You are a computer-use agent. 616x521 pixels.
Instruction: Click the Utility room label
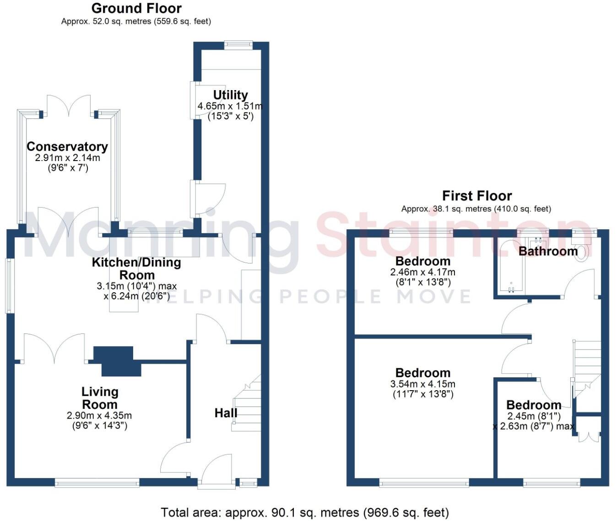pos(230,95)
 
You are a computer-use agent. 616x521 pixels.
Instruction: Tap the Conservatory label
pos(67,147)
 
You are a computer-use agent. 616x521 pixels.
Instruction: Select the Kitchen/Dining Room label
pos(136,269)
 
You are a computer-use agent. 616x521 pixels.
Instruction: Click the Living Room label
pos(100,398)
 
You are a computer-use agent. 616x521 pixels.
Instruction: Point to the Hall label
pos(226,413)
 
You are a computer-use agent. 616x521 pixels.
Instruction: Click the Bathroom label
pos(548,251)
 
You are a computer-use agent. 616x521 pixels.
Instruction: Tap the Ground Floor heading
pos(136,8)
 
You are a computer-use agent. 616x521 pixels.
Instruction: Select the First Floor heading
pos(476,196)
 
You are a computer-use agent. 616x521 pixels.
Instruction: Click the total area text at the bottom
pos(305,513)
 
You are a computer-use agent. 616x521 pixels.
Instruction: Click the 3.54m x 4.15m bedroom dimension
pos(423,385)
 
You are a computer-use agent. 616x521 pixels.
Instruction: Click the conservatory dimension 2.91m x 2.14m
pos(67,158)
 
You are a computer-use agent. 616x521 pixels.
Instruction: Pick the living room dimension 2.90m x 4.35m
pos(99,416)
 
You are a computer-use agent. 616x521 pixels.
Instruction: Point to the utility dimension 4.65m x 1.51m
pos(230,106)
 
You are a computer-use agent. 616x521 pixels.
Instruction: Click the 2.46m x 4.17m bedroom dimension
pos(423,272)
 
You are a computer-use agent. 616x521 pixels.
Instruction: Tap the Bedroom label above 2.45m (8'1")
pos(534,405)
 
